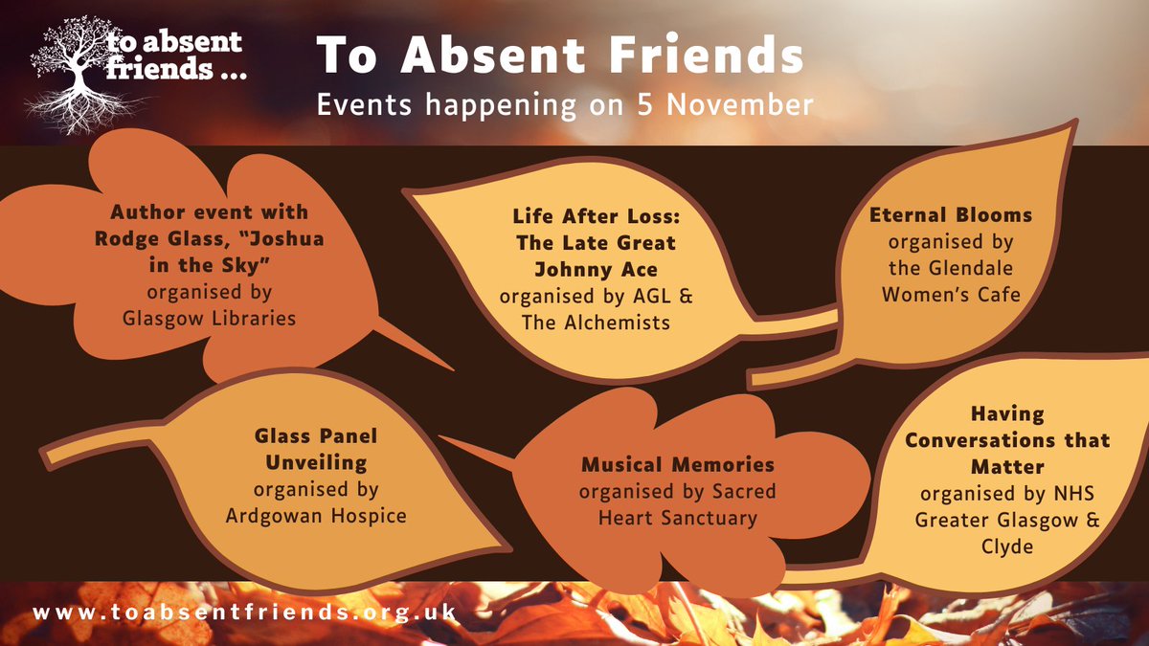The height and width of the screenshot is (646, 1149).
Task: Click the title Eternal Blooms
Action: coord(950,214)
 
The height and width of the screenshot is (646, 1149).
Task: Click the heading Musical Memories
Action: coord(678,465)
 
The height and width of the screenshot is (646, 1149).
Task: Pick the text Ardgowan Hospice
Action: coord(316,516)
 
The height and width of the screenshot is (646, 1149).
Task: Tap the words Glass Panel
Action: coord(316,435)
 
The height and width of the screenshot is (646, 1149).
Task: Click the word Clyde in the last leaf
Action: coord(1008,546)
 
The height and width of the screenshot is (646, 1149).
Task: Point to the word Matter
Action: coord(1008,467)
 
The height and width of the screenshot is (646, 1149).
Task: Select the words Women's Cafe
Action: coord(950,295)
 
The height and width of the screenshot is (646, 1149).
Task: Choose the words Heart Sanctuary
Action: coord(678,519)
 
